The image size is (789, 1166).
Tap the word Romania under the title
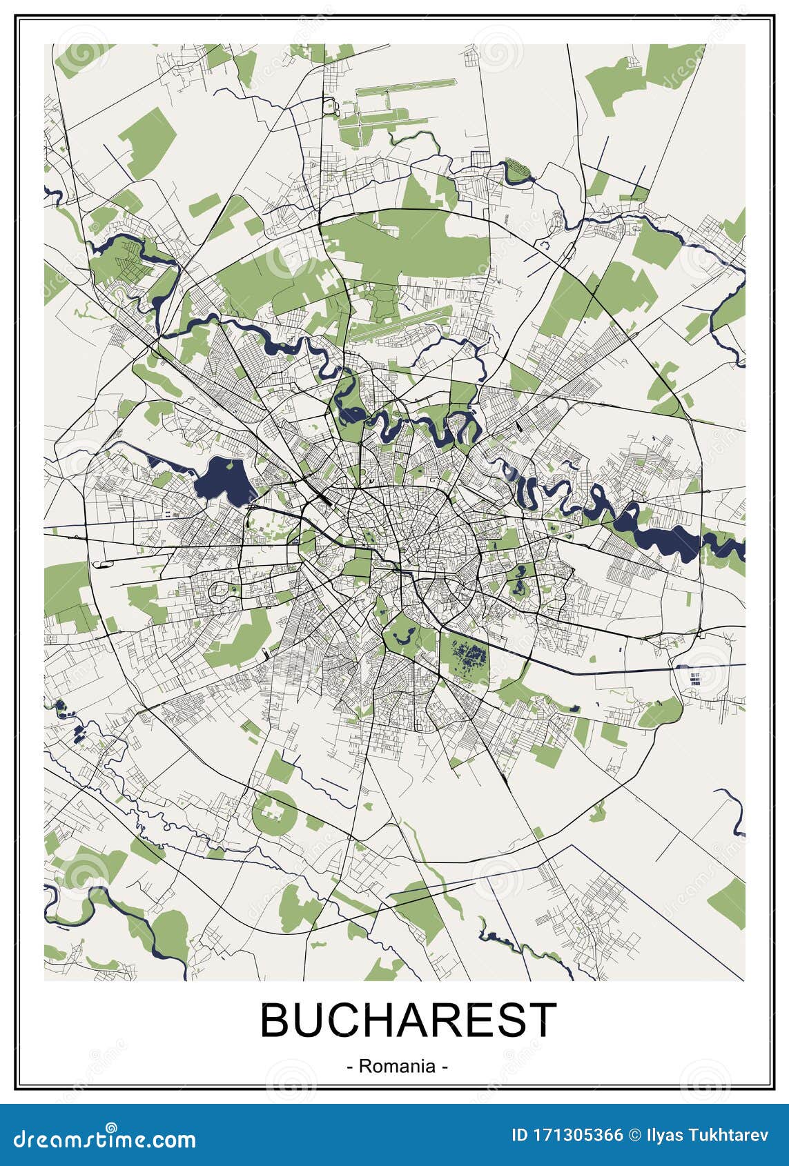397,1066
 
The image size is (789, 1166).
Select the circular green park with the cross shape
274,812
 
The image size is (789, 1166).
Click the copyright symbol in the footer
634,1135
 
